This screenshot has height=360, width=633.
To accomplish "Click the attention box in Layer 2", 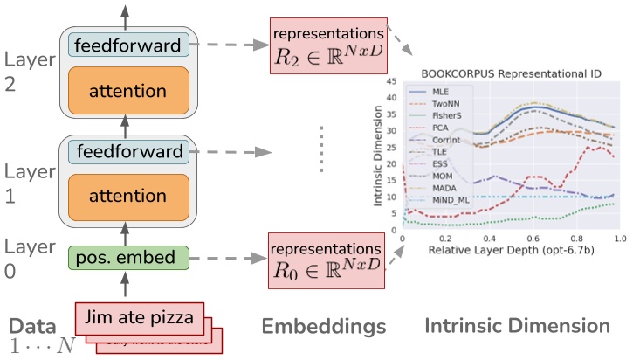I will coord(128,90).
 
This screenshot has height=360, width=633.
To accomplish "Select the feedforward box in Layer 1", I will coord(128,152).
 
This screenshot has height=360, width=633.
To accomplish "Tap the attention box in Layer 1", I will coord(128,197).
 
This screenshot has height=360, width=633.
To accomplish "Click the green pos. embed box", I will coord(128,258).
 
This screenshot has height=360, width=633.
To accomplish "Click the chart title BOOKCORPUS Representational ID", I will coord(507,76).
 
